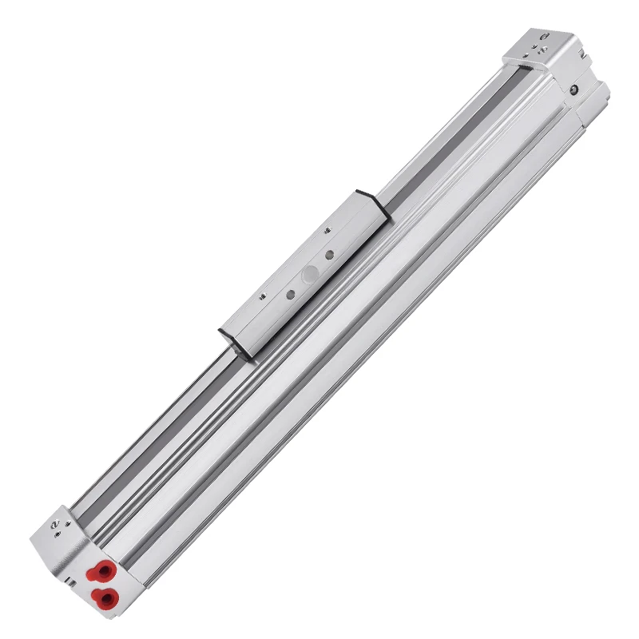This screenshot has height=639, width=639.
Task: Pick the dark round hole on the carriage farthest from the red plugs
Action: coord(328,256)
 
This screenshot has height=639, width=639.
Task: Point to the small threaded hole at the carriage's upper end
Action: coord(328,230)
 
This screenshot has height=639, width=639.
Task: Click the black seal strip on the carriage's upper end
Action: coord(375,198)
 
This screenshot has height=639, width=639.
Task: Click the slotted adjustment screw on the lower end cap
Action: coord(54,526)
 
